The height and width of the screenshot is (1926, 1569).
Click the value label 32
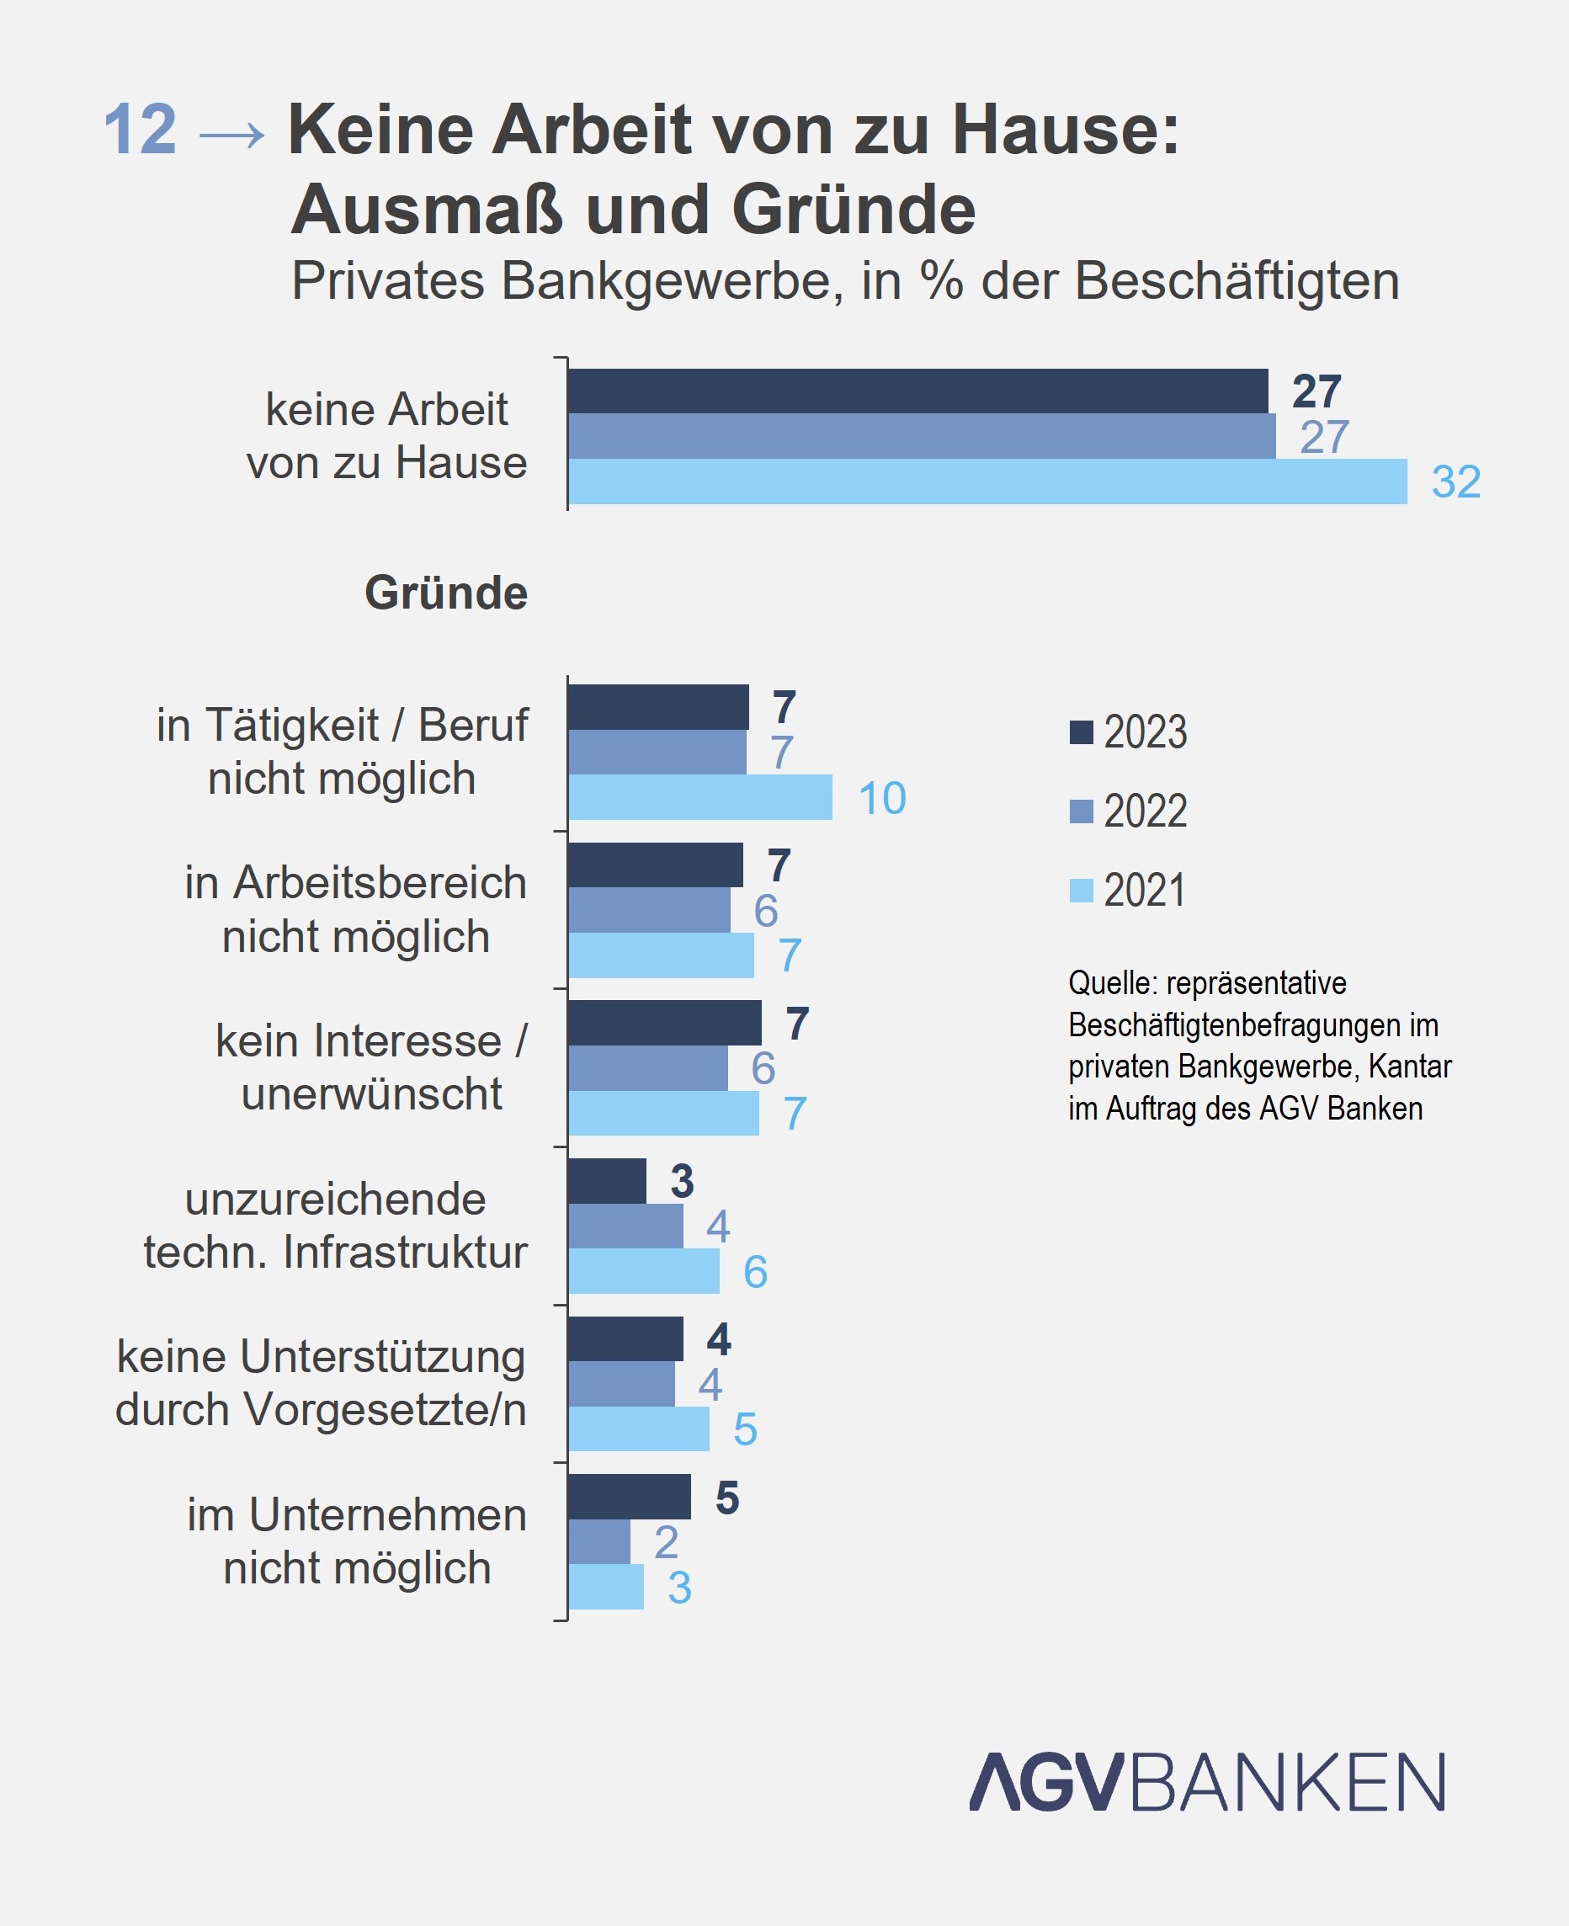click(1455, 481)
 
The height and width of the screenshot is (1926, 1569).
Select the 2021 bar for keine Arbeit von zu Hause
click(987, 481)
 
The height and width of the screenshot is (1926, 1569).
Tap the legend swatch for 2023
click(1081, 732)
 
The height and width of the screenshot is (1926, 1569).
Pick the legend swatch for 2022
click(1081, 811)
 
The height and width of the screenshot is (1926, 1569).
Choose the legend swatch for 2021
click(1081, 891)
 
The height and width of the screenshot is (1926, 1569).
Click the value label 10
click(881, 799)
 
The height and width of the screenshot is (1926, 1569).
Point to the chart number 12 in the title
click(139, 130)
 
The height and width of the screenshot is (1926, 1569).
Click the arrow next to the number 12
click(232, 136)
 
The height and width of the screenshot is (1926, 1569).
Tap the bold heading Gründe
click(445, 593)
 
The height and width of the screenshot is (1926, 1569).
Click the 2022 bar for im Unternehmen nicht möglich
click(599, 1542)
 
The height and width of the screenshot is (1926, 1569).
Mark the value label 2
click(666, 1542)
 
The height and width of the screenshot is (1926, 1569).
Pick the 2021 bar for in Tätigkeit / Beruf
click(699, 797)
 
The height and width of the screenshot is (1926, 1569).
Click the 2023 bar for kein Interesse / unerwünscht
click(664, 1023)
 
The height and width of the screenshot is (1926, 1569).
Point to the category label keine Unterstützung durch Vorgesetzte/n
click(321, 1384)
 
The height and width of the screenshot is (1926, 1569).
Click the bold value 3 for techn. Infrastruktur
click(683, 1180)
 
